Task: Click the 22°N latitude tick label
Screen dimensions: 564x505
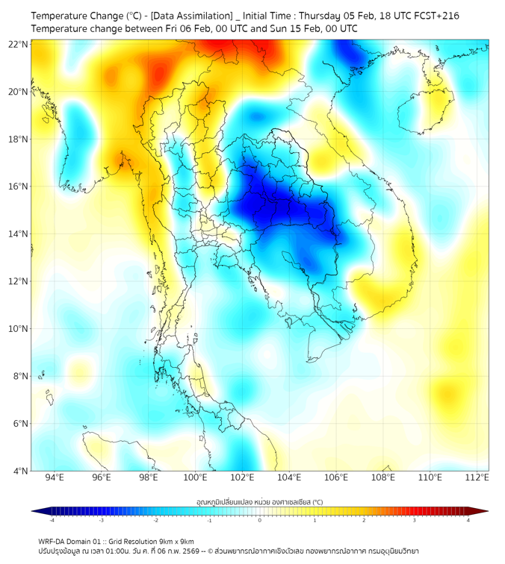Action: tap(19, 45)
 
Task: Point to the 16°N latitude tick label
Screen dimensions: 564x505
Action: tap(19, 187)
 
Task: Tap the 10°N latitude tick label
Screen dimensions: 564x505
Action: tap(19, 329)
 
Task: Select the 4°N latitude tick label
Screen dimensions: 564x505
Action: tap(20, 471)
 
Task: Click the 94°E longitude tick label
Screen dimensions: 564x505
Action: tap(55, 477)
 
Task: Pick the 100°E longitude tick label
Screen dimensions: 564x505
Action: tap(196, 477)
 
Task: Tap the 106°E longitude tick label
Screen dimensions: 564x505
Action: tap(337, 477)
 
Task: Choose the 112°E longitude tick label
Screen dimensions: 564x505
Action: tap(478, 477)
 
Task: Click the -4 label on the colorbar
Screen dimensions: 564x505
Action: tap(52, 520)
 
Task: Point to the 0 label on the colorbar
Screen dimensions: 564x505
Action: tap(260, 520)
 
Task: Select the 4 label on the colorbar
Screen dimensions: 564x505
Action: tap(468, 520)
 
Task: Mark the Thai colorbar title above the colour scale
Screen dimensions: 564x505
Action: tap(259, 502)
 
